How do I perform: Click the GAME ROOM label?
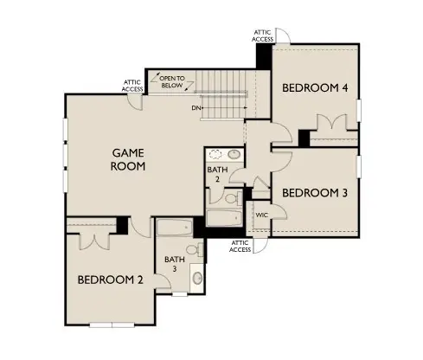127,159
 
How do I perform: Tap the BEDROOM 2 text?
110,280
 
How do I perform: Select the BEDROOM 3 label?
314,192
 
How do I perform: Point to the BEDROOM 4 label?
315,87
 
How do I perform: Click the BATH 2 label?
216,175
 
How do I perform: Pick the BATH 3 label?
175,264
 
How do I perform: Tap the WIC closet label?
261,214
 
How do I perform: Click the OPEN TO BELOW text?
173,83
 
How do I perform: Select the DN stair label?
197,108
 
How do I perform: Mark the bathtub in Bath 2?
225,219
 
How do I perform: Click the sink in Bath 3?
197,280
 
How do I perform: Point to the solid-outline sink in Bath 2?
234,156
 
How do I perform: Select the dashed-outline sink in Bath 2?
216,156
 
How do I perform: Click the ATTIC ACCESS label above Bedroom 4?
264,35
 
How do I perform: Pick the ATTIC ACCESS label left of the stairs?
133,85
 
